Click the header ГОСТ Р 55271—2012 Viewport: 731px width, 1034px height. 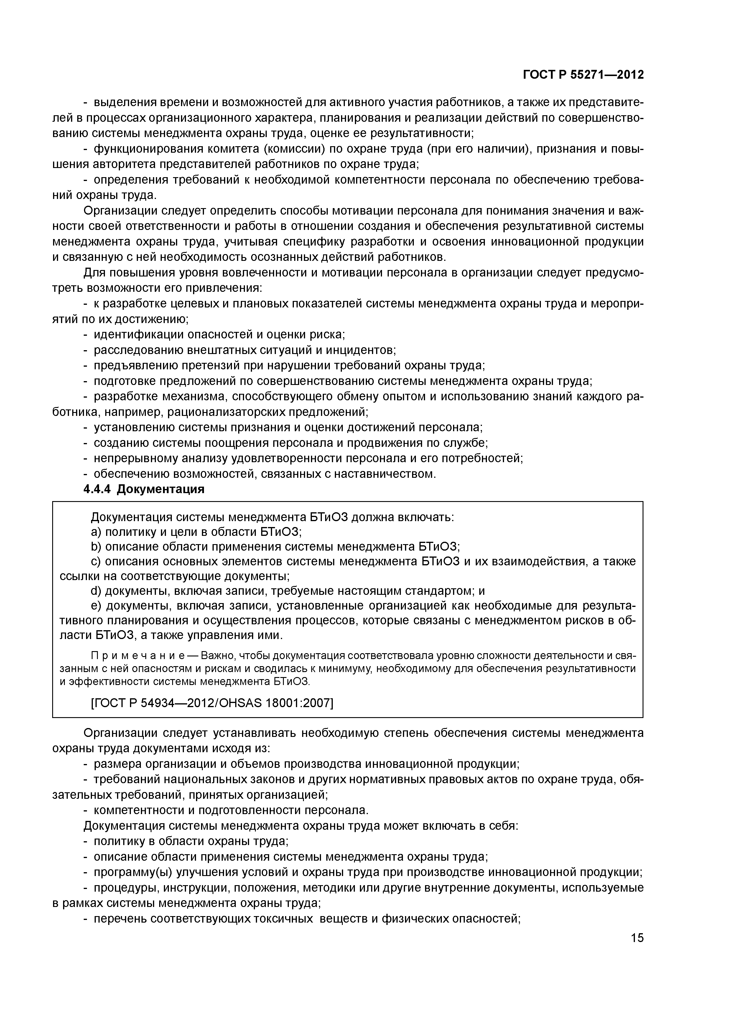[x=583, y=75]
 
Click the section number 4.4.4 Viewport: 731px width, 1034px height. [x=97, y=490]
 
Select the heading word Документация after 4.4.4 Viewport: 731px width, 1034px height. [x=161, y=490]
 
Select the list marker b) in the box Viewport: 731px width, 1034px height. [x=96, y=547]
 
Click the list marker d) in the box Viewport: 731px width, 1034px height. [x=96, y=591]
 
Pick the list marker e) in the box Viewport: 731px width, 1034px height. [x=96, y=606]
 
